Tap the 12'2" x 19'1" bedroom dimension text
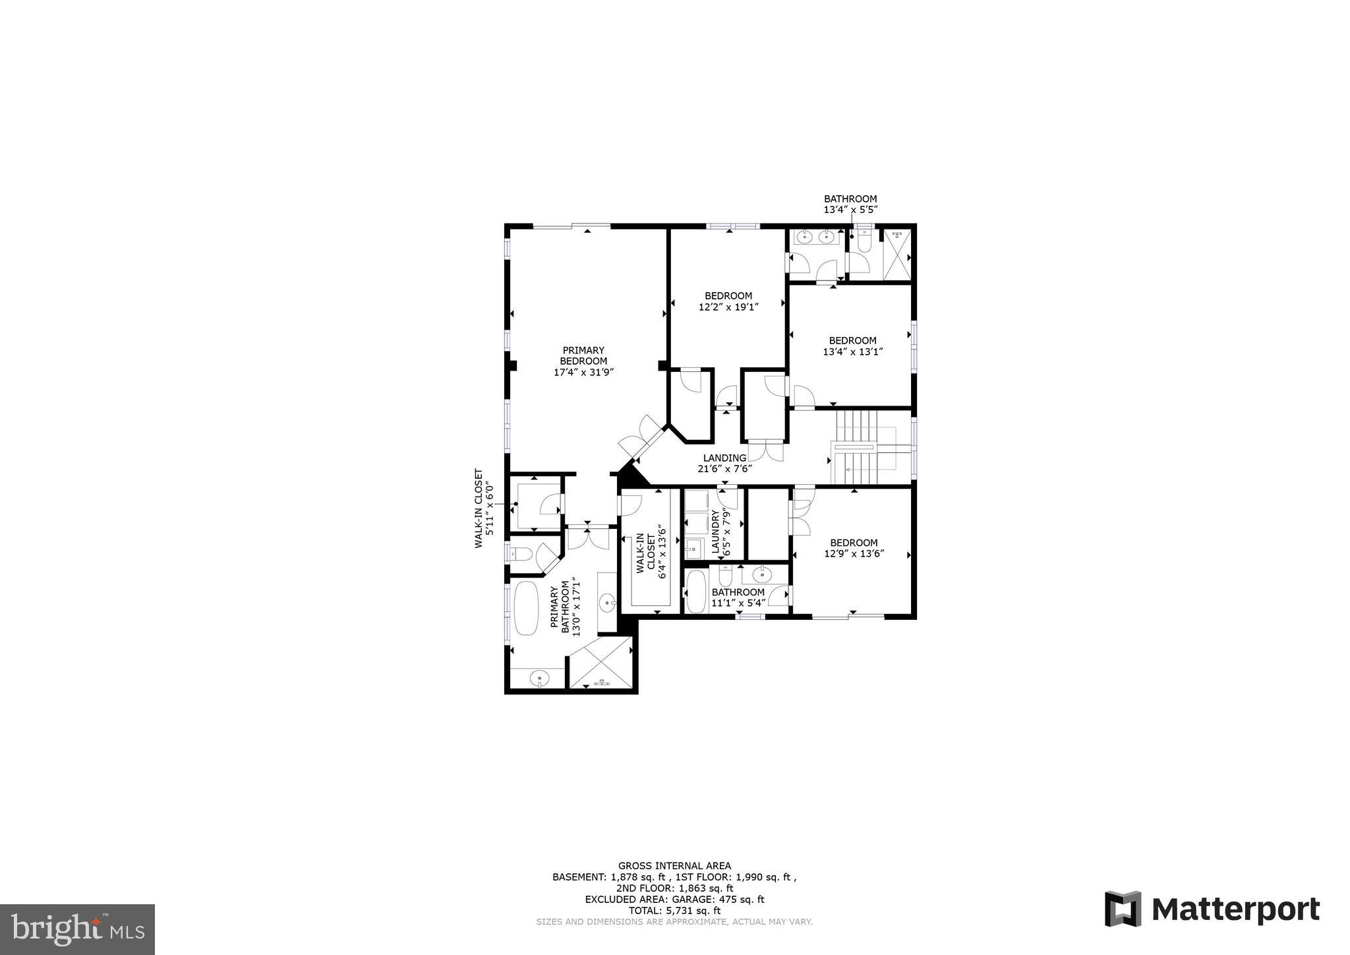(728, 307)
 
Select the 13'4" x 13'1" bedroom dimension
(852, 352)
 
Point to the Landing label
(724, 458)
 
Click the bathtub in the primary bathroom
(526, 607)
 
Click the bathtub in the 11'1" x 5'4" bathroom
(695, 592)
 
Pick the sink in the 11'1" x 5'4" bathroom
(762, 575)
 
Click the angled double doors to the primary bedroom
(642, 437)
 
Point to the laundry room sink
(693, 547)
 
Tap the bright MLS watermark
(77, 929)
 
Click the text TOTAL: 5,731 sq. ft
(674, 910)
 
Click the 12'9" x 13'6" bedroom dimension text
(854, 554)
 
